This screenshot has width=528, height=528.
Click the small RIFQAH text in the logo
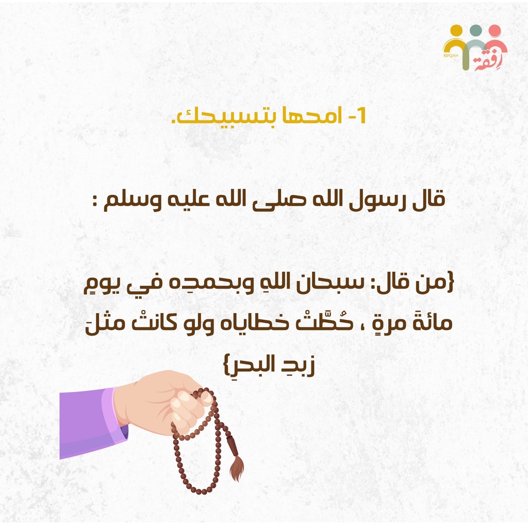pyautogui.click(x=451, y=56)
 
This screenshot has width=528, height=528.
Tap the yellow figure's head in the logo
pyautogui.click(x=456, y=30)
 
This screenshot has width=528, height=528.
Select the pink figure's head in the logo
pyautogui.click(x=495, y=30)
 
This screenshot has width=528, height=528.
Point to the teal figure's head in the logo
pyautogui.click(x=475, y=30)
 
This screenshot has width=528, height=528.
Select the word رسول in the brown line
pyautogui.click(x=374, y=200)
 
